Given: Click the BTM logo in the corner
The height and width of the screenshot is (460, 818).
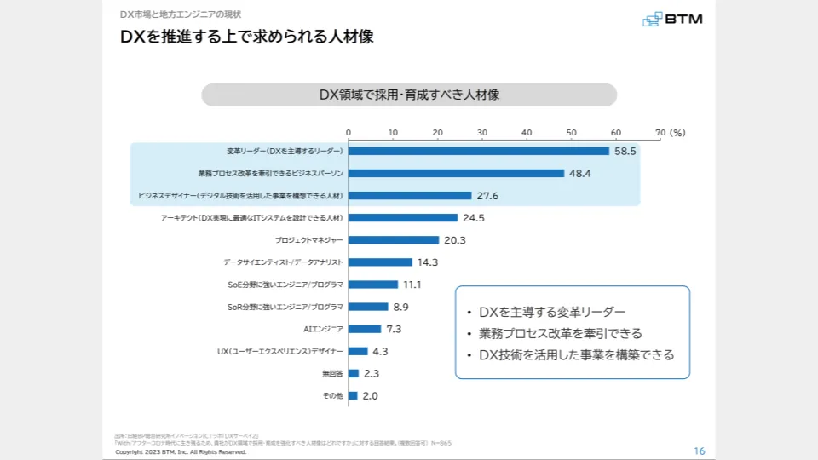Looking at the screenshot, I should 672,19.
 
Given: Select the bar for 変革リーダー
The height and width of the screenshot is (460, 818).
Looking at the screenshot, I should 478,151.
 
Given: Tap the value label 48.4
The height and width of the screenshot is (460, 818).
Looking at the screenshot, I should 580,174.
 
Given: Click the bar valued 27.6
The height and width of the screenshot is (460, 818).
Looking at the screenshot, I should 409,196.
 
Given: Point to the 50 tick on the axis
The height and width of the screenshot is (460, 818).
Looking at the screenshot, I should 571,133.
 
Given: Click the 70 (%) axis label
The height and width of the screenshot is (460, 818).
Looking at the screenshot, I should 671,133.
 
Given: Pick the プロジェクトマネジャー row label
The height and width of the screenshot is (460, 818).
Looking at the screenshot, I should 309,240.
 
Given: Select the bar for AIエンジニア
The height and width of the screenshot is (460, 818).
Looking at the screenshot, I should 364,329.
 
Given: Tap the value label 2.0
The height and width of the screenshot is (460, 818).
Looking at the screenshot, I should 370,396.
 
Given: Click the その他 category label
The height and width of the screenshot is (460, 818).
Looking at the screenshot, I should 332,396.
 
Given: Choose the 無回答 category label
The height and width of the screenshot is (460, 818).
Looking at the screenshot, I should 332,373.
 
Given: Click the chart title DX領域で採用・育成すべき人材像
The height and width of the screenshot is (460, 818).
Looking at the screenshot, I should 409,95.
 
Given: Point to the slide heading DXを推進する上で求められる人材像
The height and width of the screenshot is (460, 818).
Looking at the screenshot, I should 246,37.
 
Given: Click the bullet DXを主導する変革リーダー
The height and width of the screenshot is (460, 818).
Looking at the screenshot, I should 552,312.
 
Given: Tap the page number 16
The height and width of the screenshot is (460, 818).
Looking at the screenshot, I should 700,451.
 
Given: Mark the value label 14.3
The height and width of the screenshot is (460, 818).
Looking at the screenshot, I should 427,262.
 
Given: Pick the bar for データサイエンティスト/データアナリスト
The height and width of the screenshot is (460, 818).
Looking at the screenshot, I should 380,262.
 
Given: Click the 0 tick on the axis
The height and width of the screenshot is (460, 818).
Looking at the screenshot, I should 348,133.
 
